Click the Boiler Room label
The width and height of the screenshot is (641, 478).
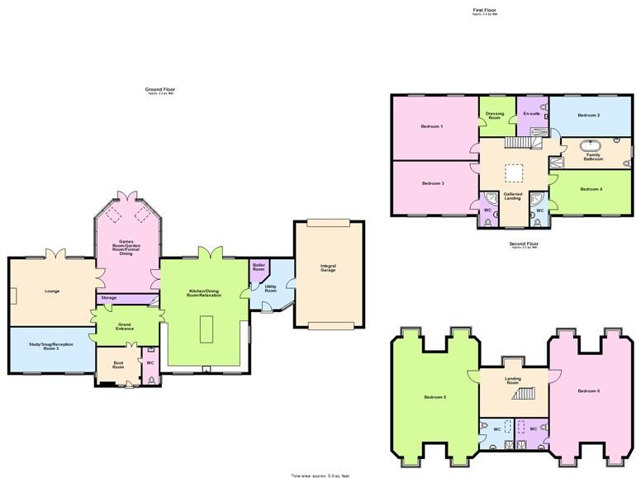tap(259, 267)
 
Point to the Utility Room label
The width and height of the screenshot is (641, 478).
tap(270, 290)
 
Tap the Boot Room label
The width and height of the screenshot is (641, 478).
tap(107, 365)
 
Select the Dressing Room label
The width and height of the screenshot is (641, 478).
tap(495, 116)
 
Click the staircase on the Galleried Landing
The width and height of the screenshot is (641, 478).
tap(515, 143)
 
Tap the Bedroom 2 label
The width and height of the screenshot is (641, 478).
tap(588, 115)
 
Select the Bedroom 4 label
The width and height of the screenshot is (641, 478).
tap(591, 189)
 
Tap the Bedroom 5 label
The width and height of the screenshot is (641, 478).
tap(434, 397)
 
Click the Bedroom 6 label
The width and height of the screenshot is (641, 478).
tap(588, 390)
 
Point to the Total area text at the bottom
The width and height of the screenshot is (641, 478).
tap(320, 476)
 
